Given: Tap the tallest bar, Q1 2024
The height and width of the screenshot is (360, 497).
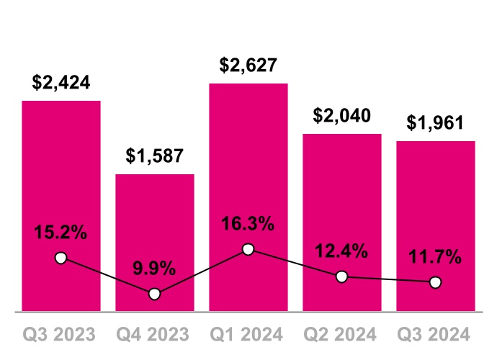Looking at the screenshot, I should [x=248, y=166].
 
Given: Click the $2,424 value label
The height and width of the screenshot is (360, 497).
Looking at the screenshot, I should [x=61, y=82].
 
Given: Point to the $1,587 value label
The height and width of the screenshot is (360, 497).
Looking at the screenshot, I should [x=155, y=156].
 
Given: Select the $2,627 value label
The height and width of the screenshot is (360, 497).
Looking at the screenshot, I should [x=248, y=66].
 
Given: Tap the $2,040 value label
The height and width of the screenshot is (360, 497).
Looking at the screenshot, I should [x=342, y=115].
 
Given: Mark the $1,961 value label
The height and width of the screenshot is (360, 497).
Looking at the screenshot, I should [x=435, y=122].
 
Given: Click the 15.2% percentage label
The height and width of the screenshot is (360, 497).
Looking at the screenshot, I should [x=61, y=233].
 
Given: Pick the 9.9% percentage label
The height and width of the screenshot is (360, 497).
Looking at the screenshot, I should [x=154, y=269].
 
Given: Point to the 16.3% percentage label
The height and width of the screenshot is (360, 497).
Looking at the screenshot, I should [x=248, y=224].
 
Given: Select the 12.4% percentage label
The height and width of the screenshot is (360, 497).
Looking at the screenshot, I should [x=342, y=252].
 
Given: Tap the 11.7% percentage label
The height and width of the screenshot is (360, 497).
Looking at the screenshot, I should [x=435, y=258].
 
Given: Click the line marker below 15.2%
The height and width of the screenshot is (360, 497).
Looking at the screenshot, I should [x=61, y=258].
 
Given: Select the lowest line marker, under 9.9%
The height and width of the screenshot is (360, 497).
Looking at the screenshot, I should [x=154, y=294].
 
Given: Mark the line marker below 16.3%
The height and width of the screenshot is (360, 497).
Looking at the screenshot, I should [x=248, y=249].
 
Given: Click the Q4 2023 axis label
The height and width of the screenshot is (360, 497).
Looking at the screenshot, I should [x=155, y=334].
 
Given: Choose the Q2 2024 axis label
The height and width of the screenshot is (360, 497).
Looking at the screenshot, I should [x=342, y=334].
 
